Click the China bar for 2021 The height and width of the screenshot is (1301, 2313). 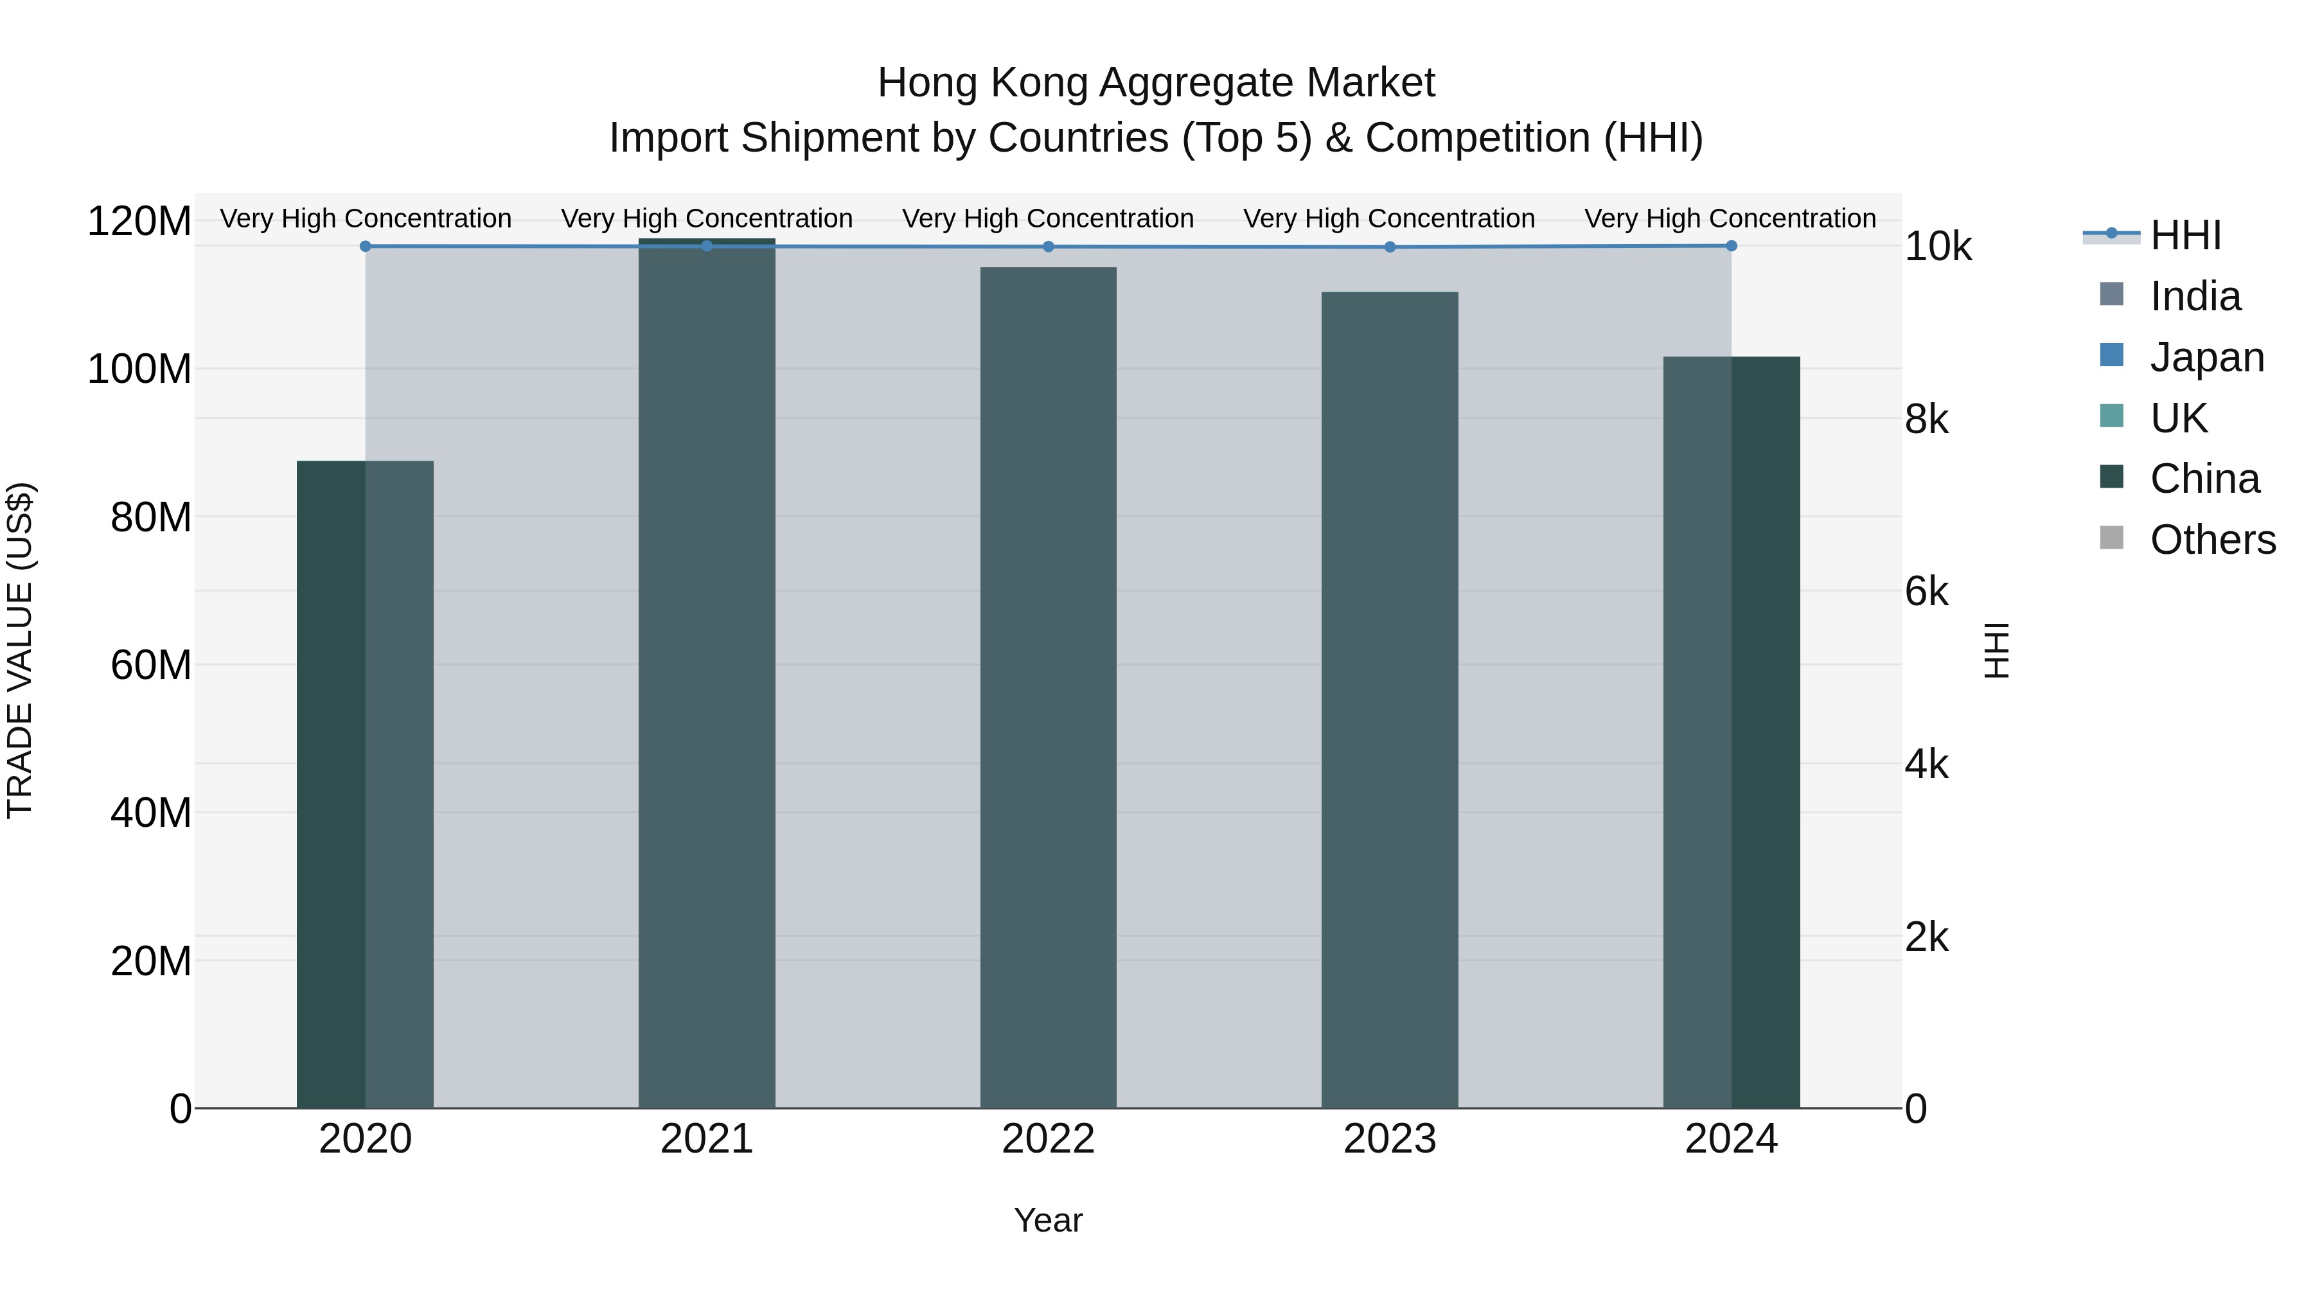pos(707,673)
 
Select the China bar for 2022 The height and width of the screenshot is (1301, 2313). pos(1048,687)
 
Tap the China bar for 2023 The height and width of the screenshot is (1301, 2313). pos(1389,700)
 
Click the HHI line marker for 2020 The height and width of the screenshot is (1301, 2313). pos(366,246)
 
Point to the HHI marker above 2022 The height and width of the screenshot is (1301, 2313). pos(1048,247)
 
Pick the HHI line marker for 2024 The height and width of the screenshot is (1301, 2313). pos(1731,246)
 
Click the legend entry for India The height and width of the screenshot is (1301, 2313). pos(2195,296)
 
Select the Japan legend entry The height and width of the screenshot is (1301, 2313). pos(2206,357)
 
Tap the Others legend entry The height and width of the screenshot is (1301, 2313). pos(2212,540)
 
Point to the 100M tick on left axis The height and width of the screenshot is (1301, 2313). pos(139,369)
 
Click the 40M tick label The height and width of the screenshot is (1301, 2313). pos(150,813)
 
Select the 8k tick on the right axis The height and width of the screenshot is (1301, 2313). pos(1927,420)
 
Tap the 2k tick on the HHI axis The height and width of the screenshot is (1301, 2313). pos(1927,937)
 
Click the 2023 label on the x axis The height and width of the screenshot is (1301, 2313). pos(1389,1139)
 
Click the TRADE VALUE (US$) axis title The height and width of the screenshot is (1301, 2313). pos(20,650)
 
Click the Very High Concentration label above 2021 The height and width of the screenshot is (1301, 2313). pos(707,218)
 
